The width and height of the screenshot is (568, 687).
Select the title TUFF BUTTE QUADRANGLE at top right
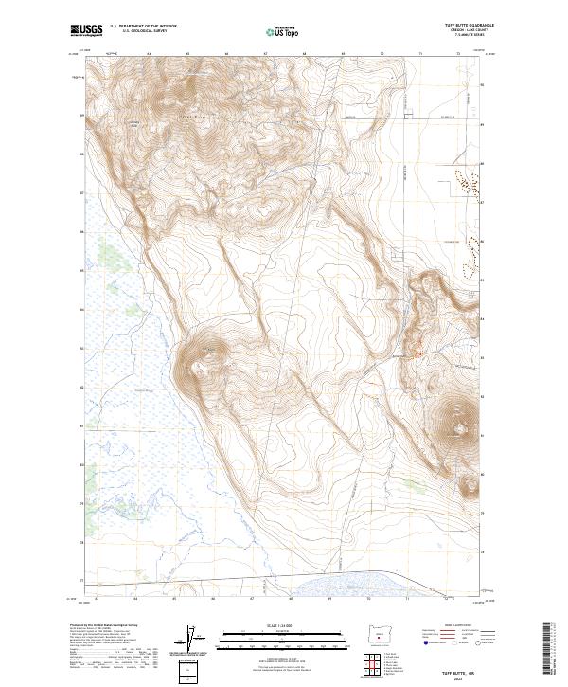[x=468, y=25]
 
